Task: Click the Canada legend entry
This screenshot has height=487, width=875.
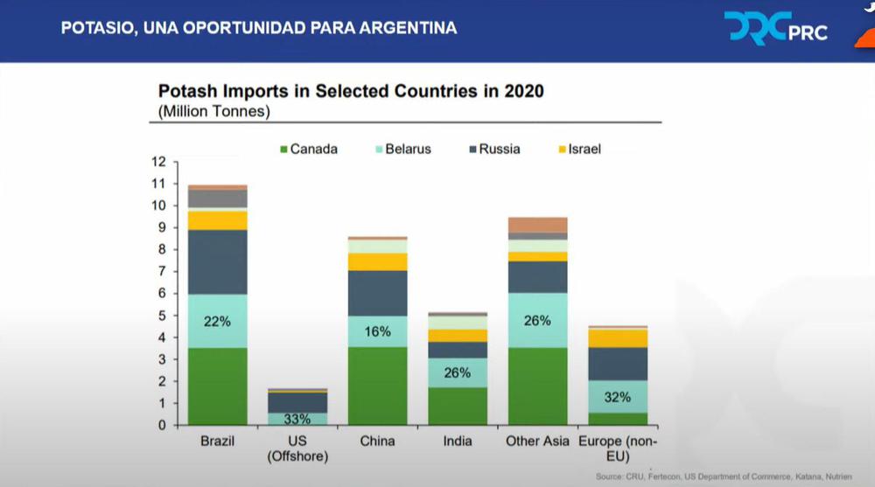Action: point(307,150)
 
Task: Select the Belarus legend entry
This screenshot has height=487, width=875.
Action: point(401,150)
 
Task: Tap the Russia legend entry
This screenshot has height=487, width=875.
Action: point(493,150)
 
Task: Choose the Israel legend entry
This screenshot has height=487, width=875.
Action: point(577,150)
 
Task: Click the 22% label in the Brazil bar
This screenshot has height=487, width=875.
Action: point(217,322)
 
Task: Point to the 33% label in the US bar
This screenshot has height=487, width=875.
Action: point(297,419)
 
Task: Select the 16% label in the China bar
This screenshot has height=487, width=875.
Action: point(377,332)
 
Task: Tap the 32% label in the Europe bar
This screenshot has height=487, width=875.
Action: point(618,397)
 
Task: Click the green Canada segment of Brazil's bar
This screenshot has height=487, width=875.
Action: point(217,386)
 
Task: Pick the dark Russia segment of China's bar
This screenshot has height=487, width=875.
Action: point(377,293)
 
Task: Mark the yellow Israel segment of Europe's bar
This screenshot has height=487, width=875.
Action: point(618,338)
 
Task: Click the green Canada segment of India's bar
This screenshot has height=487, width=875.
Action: point(457,406)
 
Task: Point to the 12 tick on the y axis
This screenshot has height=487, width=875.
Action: point(158,162)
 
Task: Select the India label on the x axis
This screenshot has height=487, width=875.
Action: point(457,442)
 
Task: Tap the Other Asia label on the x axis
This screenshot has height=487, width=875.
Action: point(537,442)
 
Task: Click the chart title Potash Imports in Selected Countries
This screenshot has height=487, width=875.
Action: point(351,91)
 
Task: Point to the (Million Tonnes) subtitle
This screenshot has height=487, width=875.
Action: point(214,111)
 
